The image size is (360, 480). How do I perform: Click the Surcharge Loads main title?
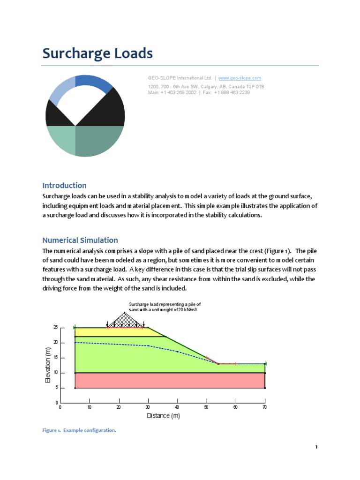point(97,53)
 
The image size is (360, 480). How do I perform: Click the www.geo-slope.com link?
point(240,78)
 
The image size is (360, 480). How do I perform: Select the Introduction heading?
point(64,185)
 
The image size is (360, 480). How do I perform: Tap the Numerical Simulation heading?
point(80,240)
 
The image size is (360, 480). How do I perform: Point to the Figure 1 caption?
point(79,430)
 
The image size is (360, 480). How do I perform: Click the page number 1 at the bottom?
point(316,447)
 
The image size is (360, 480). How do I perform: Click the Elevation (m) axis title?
point(48,365)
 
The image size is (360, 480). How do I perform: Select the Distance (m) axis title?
point(163,416)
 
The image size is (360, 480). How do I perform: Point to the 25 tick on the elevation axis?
point(55,328)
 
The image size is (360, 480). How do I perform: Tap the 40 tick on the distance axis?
point(177,407)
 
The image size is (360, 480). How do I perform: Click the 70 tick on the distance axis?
point(265,407)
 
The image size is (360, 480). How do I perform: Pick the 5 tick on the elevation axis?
point(57,388)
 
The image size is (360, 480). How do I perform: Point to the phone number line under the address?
point(199,92)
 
